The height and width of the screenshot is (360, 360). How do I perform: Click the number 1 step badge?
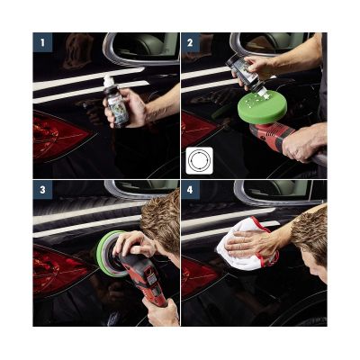pos(41,41)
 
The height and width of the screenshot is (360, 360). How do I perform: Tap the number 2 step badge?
pos(190,41)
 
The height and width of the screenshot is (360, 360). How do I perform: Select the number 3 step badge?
pos(41,189)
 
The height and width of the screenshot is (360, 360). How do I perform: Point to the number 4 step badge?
pos(190,189)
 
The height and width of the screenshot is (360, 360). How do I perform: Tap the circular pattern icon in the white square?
pos(198,162)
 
